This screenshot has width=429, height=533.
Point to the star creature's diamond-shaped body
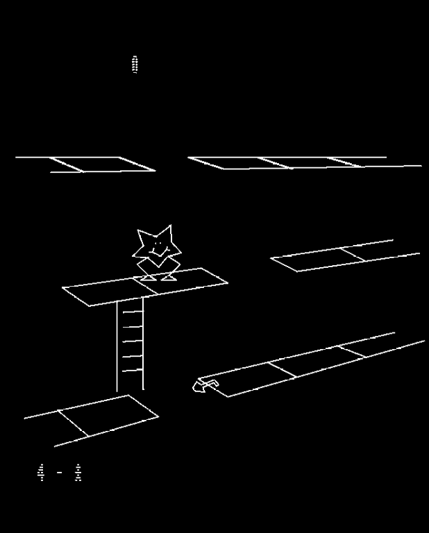[x=158, y=264]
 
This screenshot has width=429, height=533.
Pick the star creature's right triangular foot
[x=169, y=278]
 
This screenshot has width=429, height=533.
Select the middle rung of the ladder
[x=132, y=341]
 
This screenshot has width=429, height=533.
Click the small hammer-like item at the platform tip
[x=204, y=385]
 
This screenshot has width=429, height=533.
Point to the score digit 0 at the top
[x=135, y=65]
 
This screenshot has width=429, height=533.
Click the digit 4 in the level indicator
[x=41, y=473]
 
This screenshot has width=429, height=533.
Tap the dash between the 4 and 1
[x=60, y=473]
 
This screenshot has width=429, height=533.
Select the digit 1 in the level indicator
[x=78, y=473]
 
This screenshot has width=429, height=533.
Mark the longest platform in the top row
[x=305, y=162]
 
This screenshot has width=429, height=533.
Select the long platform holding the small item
[x=312, y=364]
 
